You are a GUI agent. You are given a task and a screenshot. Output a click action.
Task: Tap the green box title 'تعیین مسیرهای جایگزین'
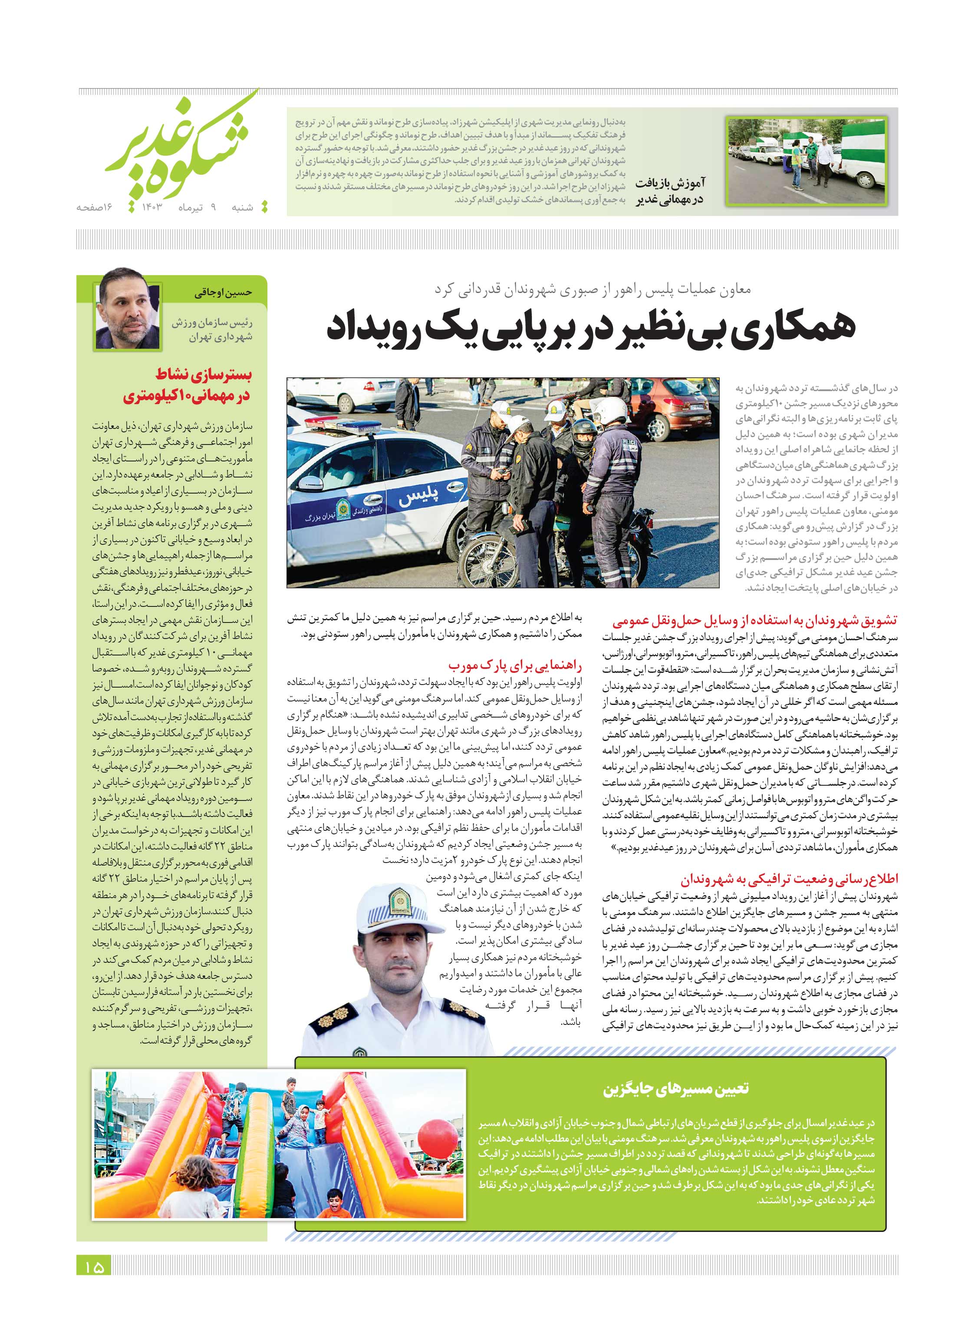click(676, 1089)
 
